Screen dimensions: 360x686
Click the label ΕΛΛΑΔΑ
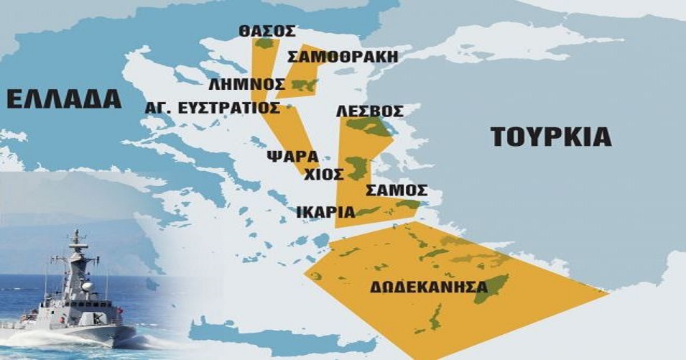[x=63, y=99]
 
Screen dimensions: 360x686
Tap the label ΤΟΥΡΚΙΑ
[x=551, y=137]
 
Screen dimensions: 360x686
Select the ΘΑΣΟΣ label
[x=266, y=31]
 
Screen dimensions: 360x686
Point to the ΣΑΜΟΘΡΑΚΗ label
[x=342, y=57]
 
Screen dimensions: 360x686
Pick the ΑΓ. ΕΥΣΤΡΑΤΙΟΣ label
[x=212, y=108]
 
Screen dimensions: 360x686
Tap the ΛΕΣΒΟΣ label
[x=369, y=111]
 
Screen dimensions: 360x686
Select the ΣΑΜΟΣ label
[x=397, y=190]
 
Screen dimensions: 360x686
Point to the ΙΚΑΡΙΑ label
[x=325, y=212]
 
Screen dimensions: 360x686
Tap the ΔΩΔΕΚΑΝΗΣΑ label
[x=424, y=287]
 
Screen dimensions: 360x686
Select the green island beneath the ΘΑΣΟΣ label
[x=266, y=44]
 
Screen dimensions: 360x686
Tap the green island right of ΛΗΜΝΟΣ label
[x=303, y=85]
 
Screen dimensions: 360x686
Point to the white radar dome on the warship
[x=87, y=287]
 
